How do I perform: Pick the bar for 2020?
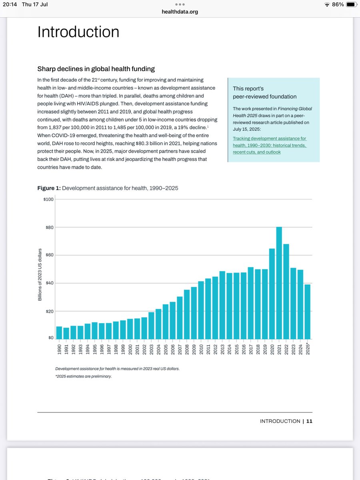[x=272, y=294]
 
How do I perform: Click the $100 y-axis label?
[x=48, y=199]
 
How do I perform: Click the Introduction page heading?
[x=78, y=32]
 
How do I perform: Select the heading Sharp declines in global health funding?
[x=96, y=69]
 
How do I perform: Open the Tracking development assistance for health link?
[x=270, y=145]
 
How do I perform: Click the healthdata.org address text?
[x=180, y=12]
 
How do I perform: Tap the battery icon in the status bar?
[x=350, y=4]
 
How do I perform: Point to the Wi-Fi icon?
[x=327, y=4]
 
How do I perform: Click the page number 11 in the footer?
[x=309, y=421]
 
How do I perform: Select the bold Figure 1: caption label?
[x=49, y=188]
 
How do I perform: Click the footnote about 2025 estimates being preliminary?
[x=84, y=376]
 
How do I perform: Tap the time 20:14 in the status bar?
[x=11, y=4]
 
